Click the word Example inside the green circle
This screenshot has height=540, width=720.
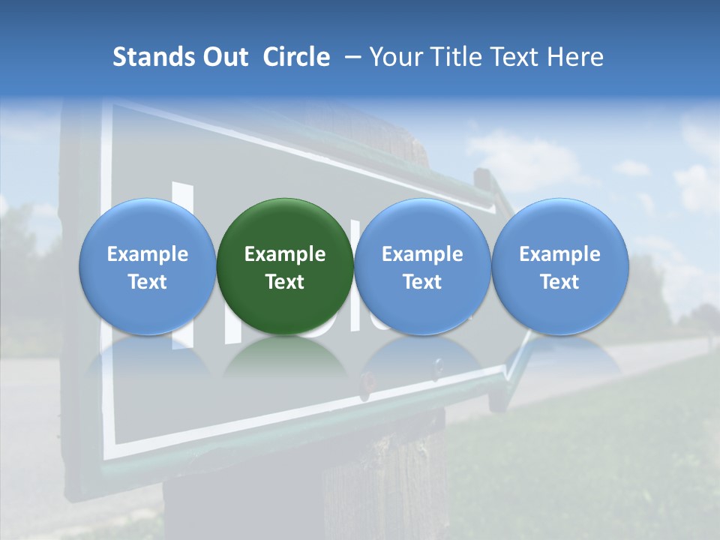[x=285, y=254]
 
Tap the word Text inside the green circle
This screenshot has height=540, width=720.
[x=285, y=282]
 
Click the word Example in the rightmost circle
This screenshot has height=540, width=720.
[x=559, y=254]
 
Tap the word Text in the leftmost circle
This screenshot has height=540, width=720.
[x=147, y=282]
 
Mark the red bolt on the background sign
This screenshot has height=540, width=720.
[x=368, y=381]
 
